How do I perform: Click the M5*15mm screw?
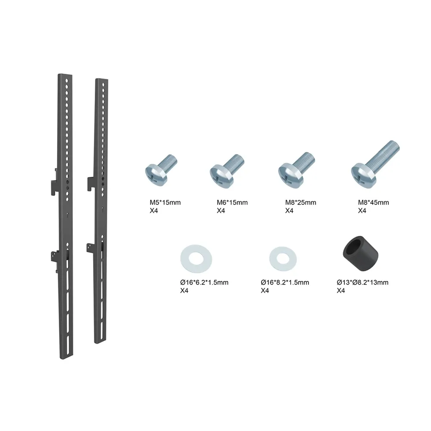tap(161, 170)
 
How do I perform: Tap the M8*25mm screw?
tap(296, 170)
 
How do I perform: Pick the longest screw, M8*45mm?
tap(375, 165)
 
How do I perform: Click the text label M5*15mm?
tap(165, 203)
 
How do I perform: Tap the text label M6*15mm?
tap(232, 203)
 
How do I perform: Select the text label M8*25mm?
tap(300, 203)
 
